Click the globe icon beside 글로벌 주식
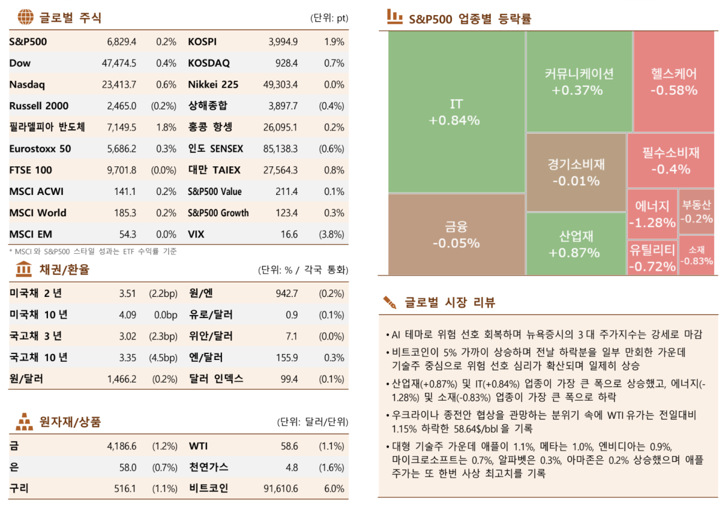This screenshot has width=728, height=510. click(x=25, y=17)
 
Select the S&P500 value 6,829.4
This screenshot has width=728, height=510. click(x=121, y=42)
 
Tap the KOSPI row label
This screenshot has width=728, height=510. click(x=202, y=42)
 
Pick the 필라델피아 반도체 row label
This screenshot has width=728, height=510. click(x=47, y=127)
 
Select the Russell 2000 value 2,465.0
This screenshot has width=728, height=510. click(x=121, y=106)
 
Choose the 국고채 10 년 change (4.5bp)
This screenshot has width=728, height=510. click(x=163, y=358)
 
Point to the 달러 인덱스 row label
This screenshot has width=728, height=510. click(x=215, y=379)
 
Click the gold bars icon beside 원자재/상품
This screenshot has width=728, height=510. click(x=24, y=421)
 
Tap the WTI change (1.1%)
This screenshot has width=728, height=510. click(x=332, y=446)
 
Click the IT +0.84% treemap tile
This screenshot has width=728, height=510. click(x=455, y=112)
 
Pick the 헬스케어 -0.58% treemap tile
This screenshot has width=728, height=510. click(x=673, y=82)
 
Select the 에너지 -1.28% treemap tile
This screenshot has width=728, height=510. click(x=652, y=214)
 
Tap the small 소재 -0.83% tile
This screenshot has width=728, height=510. click(x=696, y=255)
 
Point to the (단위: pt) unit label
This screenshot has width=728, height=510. click(x=329, y=18)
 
